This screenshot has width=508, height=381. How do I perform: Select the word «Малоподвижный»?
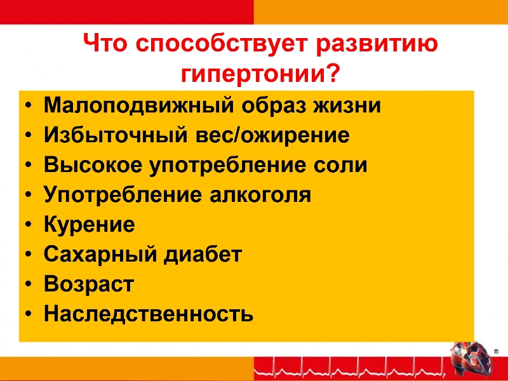pyautogui.click(x=138, y=105)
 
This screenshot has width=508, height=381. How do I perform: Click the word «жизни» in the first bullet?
pyautogui.click(x=347, y=105)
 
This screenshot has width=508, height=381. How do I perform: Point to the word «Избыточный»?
pyautogui.click(x=116, y=135)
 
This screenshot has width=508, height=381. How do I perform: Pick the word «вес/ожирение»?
pyautogui.click(x=272, y=135)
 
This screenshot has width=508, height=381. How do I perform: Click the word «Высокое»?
pyautogui.click(x=93, y=164)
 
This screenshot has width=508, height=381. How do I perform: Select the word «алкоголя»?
pyautogui.click(x=260, y=196)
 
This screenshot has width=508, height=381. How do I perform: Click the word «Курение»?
pyautogui.click(x=89, y=225)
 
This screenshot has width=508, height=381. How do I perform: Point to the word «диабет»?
pyautogui.click(x=203, y=255)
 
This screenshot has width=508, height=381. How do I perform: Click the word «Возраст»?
pyautogui.click(x=89, y=284)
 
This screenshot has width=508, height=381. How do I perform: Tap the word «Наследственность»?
pyautogui.click(x=149, y=314)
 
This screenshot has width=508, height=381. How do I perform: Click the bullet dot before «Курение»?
pyautogui.click(x=29, y=225)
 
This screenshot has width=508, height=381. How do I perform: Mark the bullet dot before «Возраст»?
pyautogui.click(x=29, y=284)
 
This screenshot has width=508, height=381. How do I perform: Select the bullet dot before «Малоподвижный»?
pyautogui.click(x=29, y=105)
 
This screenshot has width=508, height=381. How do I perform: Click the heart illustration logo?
pyautogui.click(x=471, y=359)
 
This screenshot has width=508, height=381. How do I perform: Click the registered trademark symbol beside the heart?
pyautogui.click(x=496, y=352)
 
